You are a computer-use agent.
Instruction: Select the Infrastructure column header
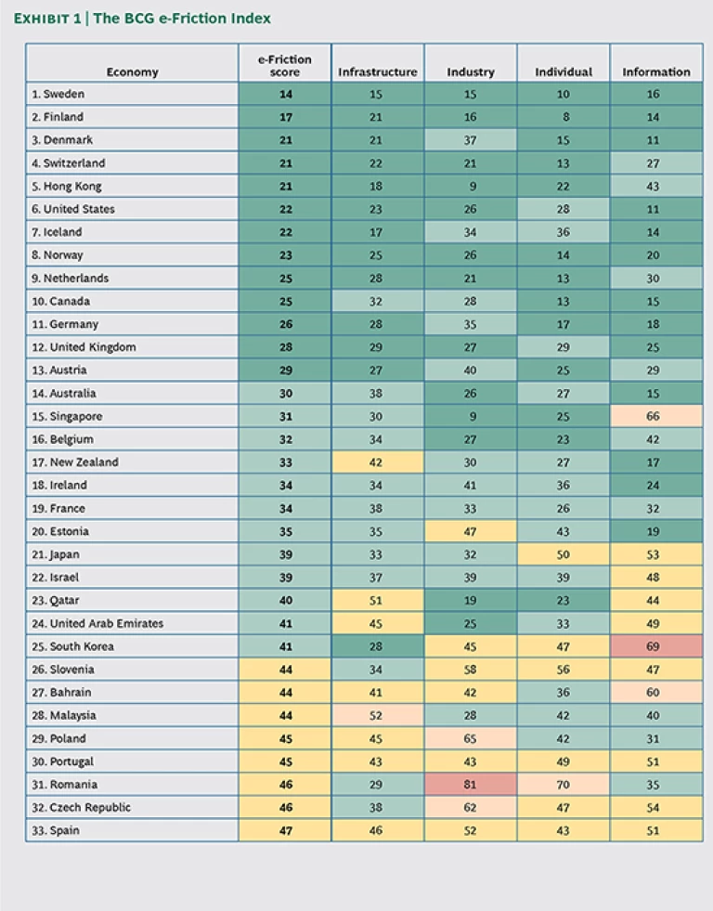click(x=377, y=72)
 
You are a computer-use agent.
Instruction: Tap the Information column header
click(x=655, y=72)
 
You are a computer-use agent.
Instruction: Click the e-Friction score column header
click(x=284, y=66)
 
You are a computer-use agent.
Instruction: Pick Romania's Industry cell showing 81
click(x=470, y=785)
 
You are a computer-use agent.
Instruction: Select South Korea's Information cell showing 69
click(x=655, y=646)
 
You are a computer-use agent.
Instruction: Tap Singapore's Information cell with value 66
click(x=655, y=417)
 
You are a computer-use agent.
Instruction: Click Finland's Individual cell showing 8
click(x=563, y=117)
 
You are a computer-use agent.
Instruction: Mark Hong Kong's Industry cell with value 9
click(x=470, y=187)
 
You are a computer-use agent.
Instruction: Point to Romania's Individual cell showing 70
click(x=563, y=785)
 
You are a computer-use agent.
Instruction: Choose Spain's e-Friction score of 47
click(x=284, y=830)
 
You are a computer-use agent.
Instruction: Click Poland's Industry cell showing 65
click(x=470, y=738)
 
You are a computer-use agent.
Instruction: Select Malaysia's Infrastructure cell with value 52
click(x=377, y=715)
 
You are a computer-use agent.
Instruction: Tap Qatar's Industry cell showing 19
click(x=470, y=601)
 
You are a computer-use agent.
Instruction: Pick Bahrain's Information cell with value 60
click(x=655, y=692)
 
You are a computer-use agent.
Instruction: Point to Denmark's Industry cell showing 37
click(x=470, y=140)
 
